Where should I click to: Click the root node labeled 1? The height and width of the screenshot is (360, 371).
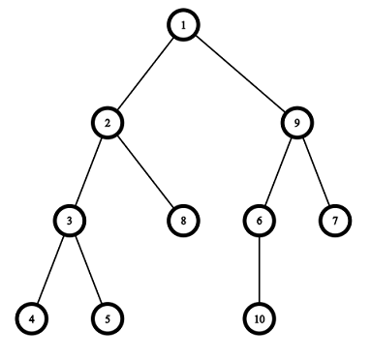point(183,25)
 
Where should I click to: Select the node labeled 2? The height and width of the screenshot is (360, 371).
point(108,123)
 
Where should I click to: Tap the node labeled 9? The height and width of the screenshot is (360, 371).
point(297,123)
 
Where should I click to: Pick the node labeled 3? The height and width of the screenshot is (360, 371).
point(70,221)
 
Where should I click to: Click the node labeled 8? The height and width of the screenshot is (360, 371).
point(183,221)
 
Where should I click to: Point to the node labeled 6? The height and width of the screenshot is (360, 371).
point(260,221)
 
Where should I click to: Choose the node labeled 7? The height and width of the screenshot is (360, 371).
point(335,221)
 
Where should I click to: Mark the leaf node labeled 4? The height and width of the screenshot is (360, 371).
point(32,318)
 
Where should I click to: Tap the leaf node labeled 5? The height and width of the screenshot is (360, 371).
point(108,318)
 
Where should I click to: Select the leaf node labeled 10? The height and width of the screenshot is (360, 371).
point(260,318)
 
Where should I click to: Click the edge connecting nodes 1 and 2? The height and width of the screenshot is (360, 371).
point(145,74)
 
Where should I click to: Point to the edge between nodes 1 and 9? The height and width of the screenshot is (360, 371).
point(240,74)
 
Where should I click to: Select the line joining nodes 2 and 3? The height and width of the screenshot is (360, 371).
point(88,172)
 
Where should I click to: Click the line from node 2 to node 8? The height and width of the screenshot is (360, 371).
point(145,172)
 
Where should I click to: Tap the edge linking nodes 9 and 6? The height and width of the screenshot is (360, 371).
point(278,172)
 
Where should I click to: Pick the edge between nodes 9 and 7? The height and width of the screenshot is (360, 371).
point(316,172)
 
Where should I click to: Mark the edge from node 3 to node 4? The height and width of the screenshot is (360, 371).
point(50,270)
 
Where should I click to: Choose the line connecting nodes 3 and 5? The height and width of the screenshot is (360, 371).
point(88,270)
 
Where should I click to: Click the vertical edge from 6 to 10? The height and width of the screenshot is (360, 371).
point(260,270)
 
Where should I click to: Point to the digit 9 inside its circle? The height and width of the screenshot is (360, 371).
point(297,123)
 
